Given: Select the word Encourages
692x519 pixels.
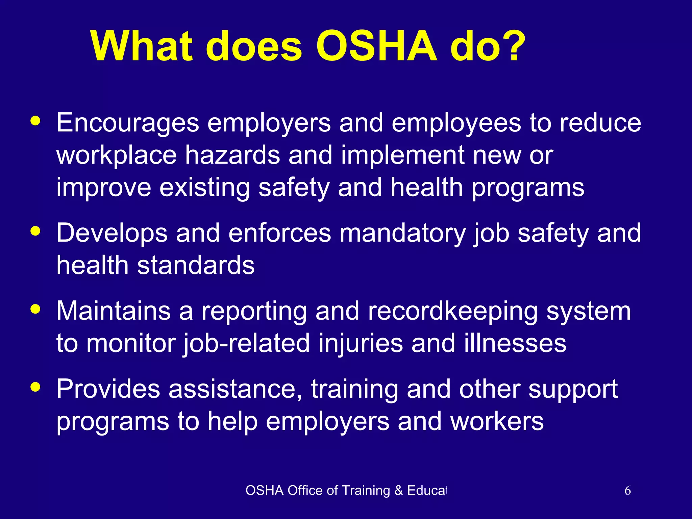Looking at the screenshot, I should pyautogui.click(x=128, y=123).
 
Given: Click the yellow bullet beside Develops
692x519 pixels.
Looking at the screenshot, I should pyautogui.click(x=35, y=231).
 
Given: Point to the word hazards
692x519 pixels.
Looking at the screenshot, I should pyautogui.click(x=232, y=155).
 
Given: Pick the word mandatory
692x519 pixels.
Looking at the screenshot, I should pyautogui.click(x=402, y=233).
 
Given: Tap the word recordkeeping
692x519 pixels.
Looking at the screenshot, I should pyautogui.click(x=453, y=312).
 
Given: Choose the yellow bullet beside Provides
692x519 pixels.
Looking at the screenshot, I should pyautogui.click(x=35, y=387).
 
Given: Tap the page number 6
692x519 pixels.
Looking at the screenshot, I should pyautogui.click(x=627, y=491).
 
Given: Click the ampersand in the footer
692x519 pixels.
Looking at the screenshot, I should pyautogui.click(x=399, y=491).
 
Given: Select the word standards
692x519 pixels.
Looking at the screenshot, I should pyautogui.click(x=196, y=265).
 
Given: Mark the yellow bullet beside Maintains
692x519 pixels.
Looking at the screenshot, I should pyautogui.click(x=35, y=309).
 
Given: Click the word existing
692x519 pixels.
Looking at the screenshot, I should pyautogui.click(x=204, y=188).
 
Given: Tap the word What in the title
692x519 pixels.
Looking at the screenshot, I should pyautogui.click(x=142, y=46).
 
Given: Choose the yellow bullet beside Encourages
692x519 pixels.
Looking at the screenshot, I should pyautogui.click(x=35, y=121).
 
